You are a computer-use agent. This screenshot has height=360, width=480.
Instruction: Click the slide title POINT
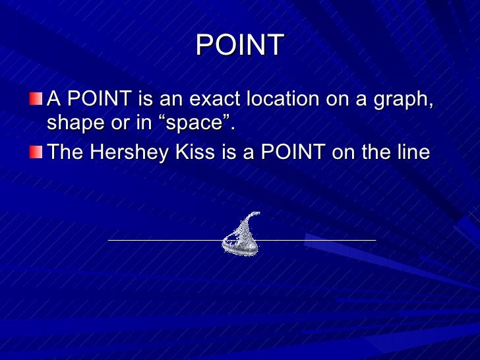239,45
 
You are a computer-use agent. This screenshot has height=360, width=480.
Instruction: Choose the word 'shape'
72,124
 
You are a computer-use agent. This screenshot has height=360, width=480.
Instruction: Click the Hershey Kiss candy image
241,237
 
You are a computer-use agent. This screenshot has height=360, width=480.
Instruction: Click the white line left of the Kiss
165,240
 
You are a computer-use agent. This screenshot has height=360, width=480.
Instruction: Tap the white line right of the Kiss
316,240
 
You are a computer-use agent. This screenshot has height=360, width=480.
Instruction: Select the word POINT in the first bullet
100,100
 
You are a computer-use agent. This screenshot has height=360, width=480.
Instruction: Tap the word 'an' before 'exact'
173,100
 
